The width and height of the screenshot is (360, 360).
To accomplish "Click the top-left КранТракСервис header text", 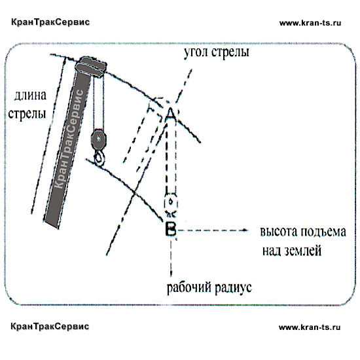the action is point(50,22).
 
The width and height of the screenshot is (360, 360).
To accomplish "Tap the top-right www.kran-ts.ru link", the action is point(310,23).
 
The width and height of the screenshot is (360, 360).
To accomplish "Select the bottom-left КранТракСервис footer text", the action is point(50,326).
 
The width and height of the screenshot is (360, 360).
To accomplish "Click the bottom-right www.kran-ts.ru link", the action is point(310,327).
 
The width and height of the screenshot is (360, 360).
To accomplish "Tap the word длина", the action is point(30,96).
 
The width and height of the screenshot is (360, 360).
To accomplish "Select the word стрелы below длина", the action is point(27,114).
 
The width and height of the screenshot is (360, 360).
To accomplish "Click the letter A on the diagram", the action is point(170,113).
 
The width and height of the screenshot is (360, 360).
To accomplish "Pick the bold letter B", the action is point(171,229).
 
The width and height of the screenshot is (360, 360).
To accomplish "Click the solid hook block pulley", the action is point(99,139).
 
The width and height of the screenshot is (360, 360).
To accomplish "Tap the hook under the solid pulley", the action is point(99,158).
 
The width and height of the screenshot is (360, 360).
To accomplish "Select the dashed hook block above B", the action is point(171,203).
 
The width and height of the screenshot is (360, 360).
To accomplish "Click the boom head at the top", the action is point(91,67).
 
